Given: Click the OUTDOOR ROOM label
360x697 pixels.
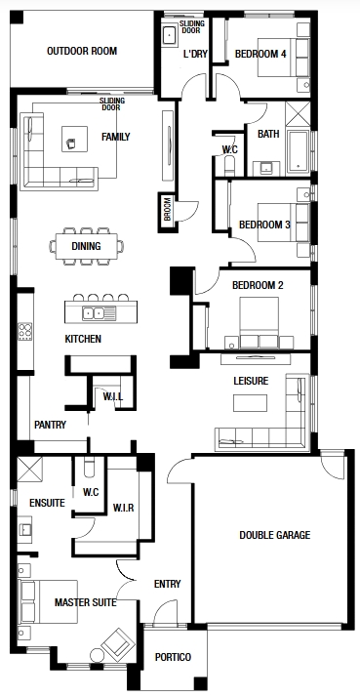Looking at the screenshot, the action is [x=82, y=51].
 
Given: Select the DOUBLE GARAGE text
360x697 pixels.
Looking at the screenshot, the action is [x=275, y=535].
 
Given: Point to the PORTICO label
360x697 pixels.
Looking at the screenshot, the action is [x=173, y=657].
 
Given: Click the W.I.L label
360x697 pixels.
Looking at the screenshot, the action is [x=113, y=396].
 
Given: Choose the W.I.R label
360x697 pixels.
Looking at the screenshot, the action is [x=123, y=508].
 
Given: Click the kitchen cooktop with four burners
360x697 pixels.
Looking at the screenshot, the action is [x=25, y=332].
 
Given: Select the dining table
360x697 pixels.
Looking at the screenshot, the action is [x=87, y=246].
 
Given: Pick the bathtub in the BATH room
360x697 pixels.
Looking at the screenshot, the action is [x=299, y=151].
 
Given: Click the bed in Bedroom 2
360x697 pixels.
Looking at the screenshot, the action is [x=260, y=322].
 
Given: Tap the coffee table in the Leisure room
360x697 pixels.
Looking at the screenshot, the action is [x=250, y=403].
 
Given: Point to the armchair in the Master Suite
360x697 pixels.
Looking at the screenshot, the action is [x=118, y=642].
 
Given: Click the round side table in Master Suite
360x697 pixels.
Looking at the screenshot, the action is [x=97, y=655].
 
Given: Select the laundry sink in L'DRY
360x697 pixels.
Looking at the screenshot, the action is [x=170, y=35].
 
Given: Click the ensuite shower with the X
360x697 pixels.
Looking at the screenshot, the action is [x=30, y=469].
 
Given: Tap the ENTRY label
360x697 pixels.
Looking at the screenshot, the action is [x=168, y=584].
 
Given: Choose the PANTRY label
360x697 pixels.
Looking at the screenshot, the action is [x=50, y=425].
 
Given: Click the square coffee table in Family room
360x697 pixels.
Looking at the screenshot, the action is [x=74, y=139].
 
